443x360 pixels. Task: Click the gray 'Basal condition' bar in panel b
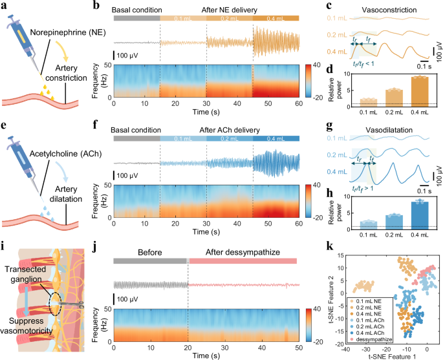[x=136, y=19]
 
